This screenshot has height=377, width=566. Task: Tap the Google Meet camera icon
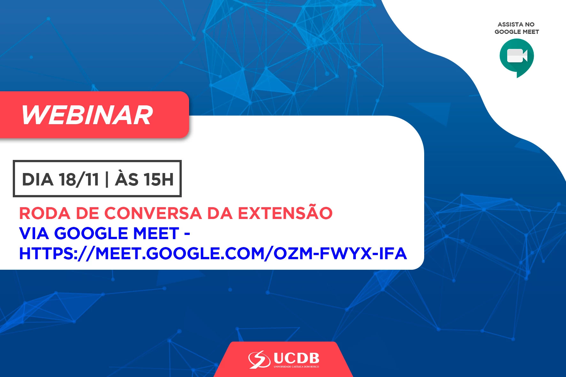click(x=516, y=57)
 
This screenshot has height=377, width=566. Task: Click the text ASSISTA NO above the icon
click(x=516, y=24)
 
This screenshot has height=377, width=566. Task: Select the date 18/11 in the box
click(x=79, y=179)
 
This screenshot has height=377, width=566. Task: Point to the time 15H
click(x=158, y=179)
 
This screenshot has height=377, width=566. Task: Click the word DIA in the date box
click(x=37, y=179)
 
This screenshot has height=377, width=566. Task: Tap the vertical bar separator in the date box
click(x=107, y=179)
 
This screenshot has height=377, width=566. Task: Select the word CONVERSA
click(x=153, y=213)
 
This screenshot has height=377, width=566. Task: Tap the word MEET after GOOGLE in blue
click(x=156, y=233)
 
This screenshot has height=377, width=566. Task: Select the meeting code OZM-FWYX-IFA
click(x=340, y=253)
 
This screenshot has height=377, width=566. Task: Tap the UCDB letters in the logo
click(x=296, y=358)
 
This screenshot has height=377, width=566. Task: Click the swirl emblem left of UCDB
click(x=259, y=359)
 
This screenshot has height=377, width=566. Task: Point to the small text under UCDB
click(x=296, y=367)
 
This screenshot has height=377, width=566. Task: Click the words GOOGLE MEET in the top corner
click(x=516, y=32)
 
